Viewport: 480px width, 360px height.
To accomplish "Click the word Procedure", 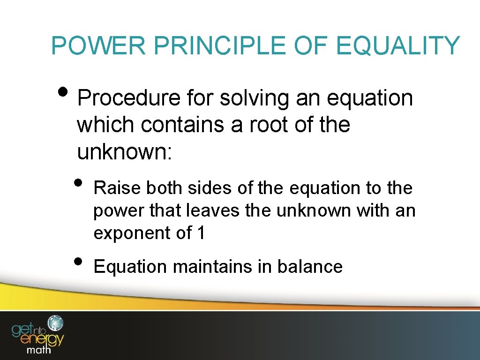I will click(x=129, y=99).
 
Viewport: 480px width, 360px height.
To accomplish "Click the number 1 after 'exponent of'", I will click(x=201, y=233).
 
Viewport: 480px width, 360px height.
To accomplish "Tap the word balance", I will click(x=310, y=267).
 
